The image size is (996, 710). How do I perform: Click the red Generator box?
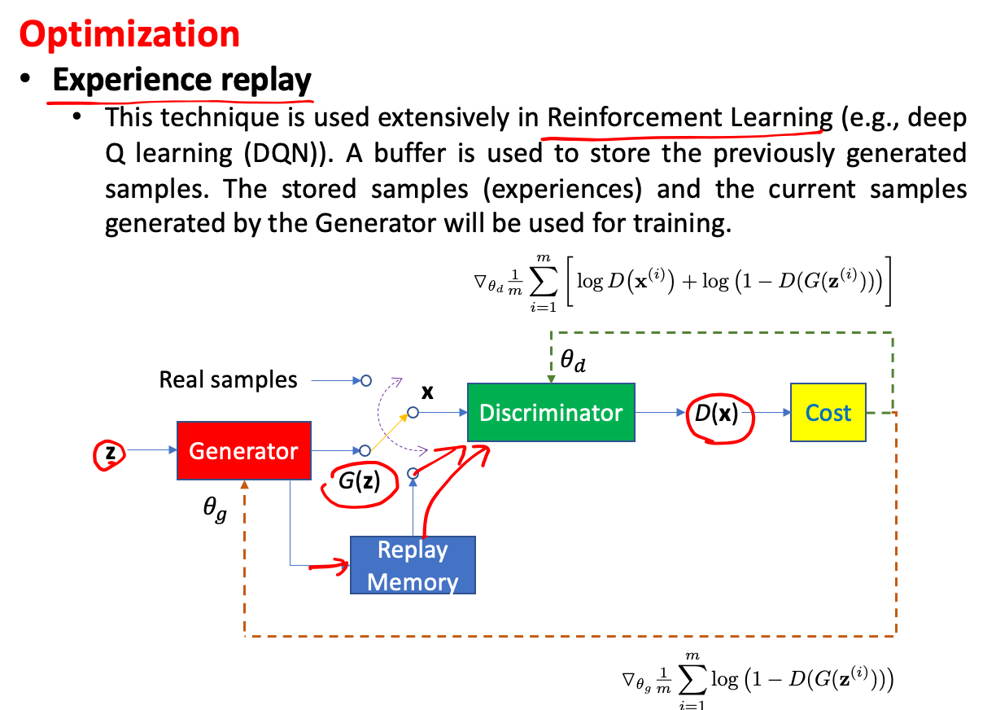click(x=243, y=450)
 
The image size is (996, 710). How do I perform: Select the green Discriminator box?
click(x=551, y=413)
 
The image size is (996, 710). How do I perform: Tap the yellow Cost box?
click(x=828, y=413)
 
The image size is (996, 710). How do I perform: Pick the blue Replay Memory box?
click(x=413, y=565)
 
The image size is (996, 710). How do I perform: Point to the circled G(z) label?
click(x=359, y=482)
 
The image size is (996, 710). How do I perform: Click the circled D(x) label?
click(x=716, y=414)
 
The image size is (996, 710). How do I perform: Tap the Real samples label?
click(x=228, y=379)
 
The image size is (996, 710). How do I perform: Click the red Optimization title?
click(x=129, y=34)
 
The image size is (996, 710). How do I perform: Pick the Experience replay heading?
click(x=182, y=80)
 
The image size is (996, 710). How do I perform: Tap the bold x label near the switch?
click(x=427, y=392)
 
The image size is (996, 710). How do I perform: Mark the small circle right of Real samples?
click(x=366, y=380)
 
